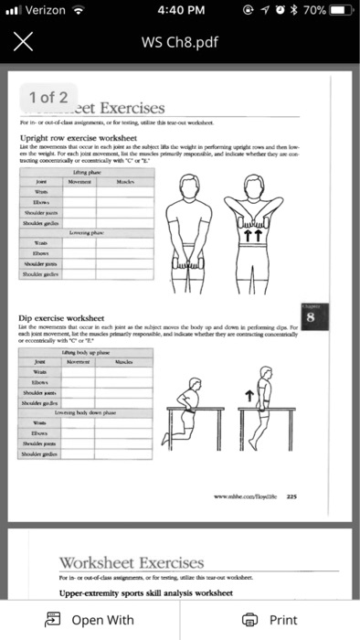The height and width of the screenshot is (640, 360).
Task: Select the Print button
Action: click(270, 619)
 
